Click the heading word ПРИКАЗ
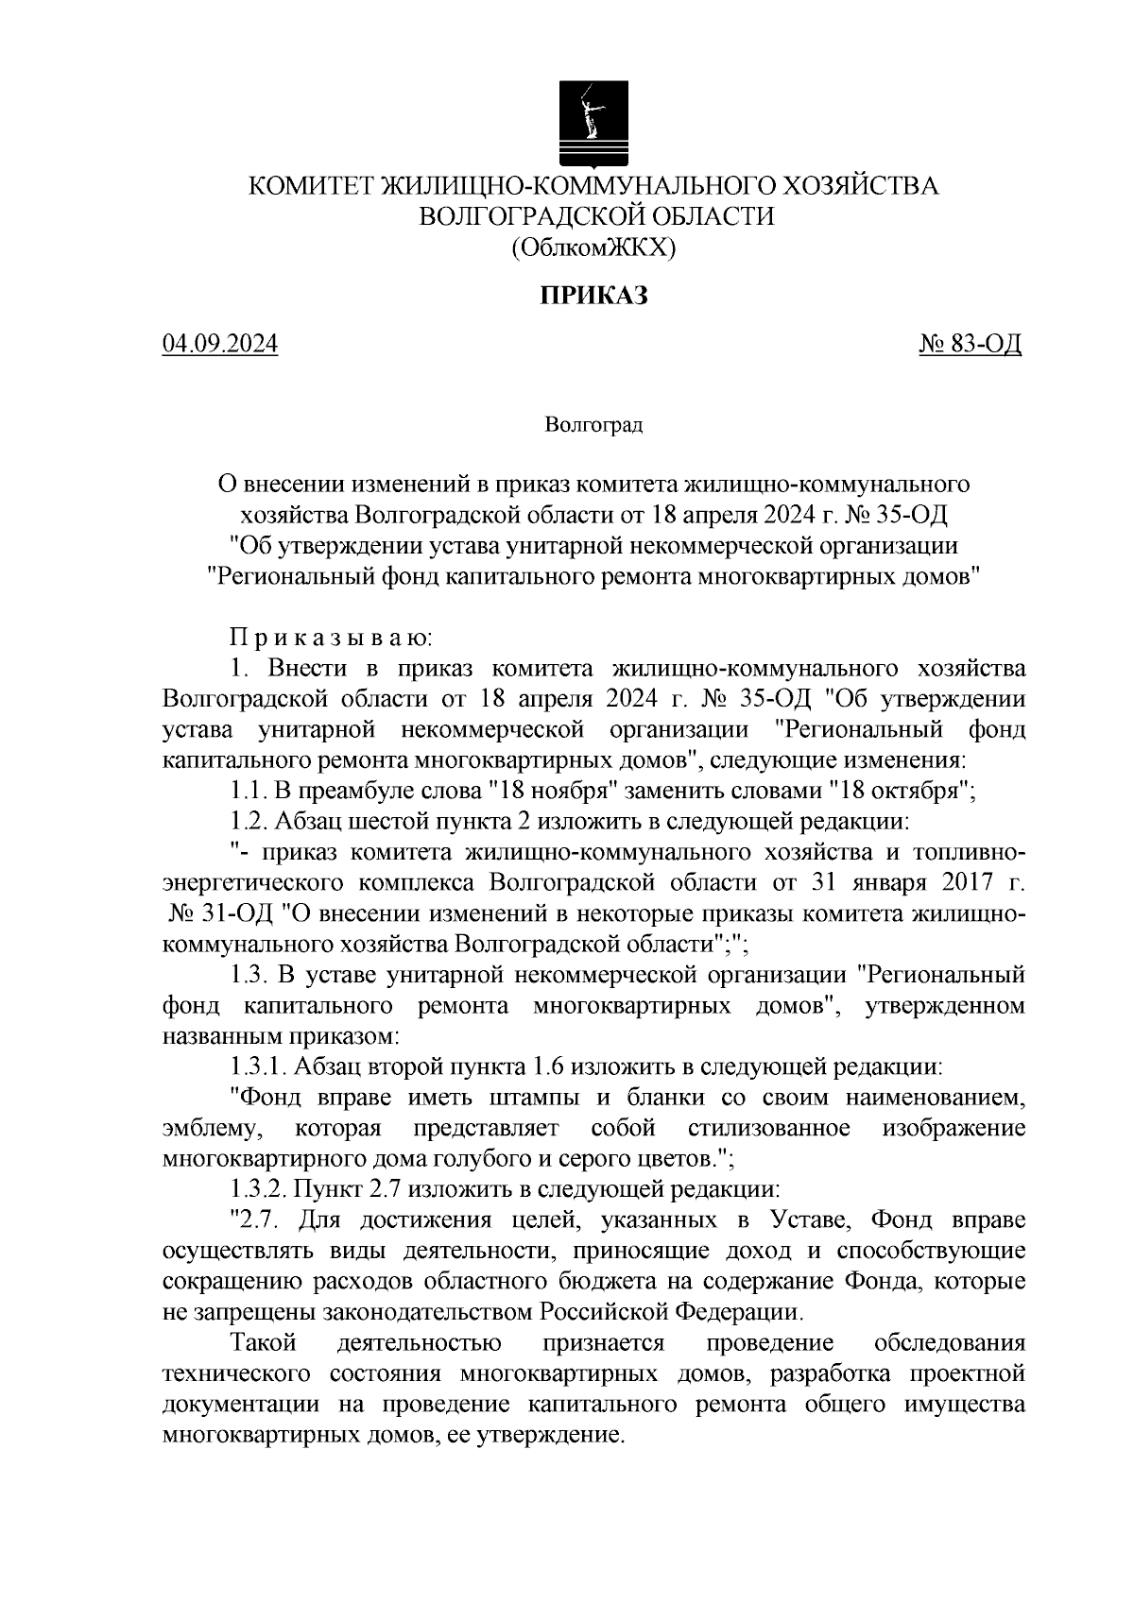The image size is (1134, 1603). coord(593,297)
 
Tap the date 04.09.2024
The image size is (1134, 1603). coord(220,345)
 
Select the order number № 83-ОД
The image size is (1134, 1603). coord(971,345)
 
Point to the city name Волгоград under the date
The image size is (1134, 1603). coord(593,425)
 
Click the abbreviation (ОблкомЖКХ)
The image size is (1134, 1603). coord(594,247)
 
